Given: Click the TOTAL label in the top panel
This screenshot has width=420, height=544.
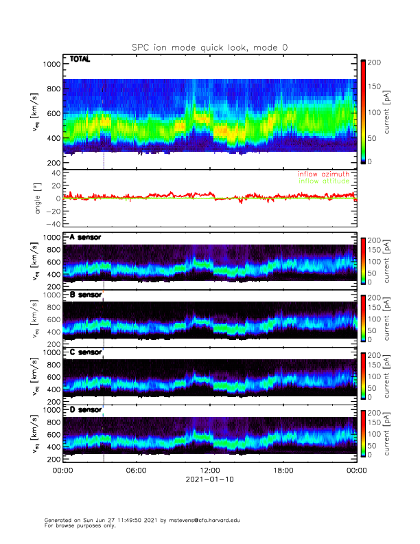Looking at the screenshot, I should (x=80, y=60).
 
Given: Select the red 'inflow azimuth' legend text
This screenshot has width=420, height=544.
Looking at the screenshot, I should (x=323, y=174).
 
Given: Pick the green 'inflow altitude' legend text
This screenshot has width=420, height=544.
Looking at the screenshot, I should (x=323, y=181).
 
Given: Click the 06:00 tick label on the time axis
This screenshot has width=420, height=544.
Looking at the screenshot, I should (x=136, y=471).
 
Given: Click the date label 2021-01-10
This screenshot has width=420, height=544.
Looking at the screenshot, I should (x=209, y=480).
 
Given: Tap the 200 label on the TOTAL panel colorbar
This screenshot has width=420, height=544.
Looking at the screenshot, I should (x=375, y=63).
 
